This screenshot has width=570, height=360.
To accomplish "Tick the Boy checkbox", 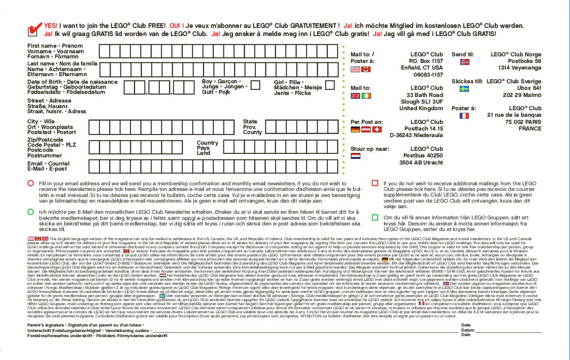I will [x=256, y=85].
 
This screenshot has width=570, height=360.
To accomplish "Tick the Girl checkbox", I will [x=330, y=85].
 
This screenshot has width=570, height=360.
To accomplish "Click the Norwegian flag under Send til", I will [x=464, y=62].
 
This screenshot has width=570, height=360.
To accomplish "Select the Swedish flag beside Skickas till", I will [x=464, y=89].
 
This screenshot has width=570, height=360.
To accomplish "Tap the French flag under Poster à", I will [x=464, y=116].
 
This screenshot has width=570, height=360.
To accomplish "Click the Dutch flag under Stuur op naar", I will [x=355, y=156].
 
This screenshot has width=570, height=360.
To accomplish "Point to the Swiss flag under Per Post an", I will [x=377, y=129].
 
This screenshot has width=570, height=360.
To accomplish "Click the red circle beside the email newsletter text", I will [x=31, y=183].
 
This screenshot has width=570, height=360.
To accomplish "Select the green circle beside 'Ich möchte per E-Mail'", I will [x=31, y=211].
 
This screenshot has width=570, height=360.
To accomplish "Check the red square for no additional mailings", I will [x=375, y=183].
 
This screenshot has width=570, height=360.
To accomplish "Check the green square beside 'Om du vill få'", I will [x=375, y=217].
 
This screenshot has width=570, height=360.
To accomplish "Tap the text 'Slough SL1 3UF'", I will [x=421, y=102].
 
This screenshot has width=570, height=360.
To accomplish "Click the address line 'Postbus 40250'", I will [x=423, y=155].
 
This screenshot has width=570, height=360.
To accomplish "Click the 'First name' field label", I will [x=42, y=46].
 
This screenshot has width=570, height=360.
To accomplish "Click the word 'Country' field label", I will [x=208, y=143].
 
